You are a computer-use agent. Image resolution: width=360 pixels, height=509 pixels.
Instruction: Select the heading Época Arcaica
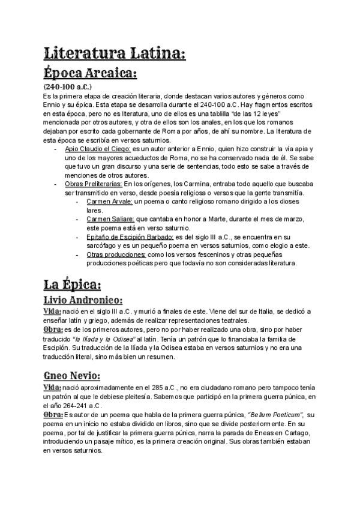(91, 74)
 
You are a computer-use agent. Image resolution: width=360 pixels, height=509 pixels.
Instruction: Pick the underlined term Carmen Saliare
(111, 220)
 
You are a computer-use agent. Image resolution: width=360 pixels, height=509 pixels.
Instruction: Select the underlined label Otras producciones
(116, 254)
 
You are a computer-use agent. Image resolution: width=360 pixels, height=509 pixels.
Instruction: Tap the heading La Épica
(73, 283)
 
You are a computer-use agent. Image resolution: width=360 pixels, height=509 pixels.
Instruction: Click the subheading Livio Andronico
(83, 300)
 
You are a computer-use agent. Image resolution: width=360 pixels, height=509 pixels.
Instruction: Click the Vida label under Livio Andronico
(52, 312)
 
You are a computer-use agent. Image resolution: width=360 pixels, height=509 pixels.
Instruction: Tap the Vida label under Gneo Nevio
(52, 388)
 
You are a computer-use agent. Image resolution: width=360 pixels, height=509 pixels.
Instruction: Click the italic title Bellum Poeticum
(277, 415)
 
